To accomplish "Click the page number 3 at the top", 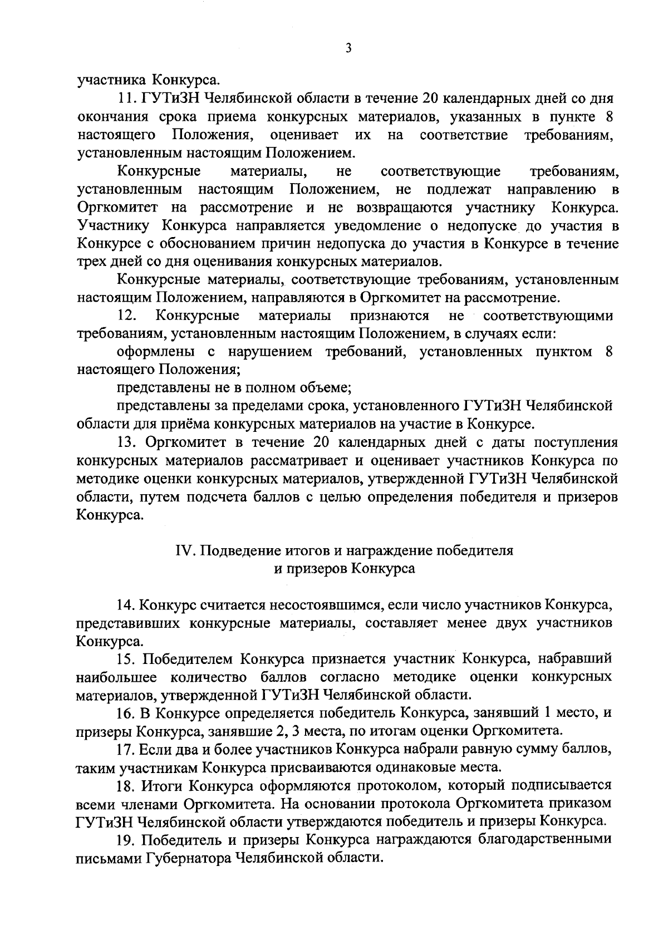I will [348, 48].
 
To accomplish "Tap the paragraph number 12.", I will [128, 316].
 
